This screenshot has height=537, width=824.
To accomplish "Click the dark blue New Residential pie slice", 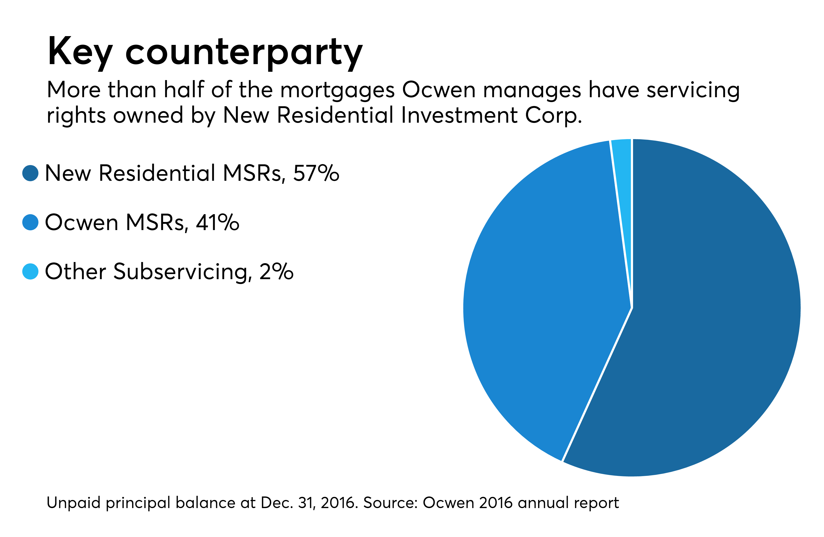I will coord(710,312).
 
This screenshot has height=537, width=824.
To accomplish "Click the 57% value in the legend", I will coord(316,173).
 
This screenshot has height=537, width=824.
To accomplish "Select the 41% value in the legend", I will coord(217,222).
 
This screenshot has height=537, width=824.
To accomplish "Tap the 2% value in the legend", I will coord(276,272).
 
